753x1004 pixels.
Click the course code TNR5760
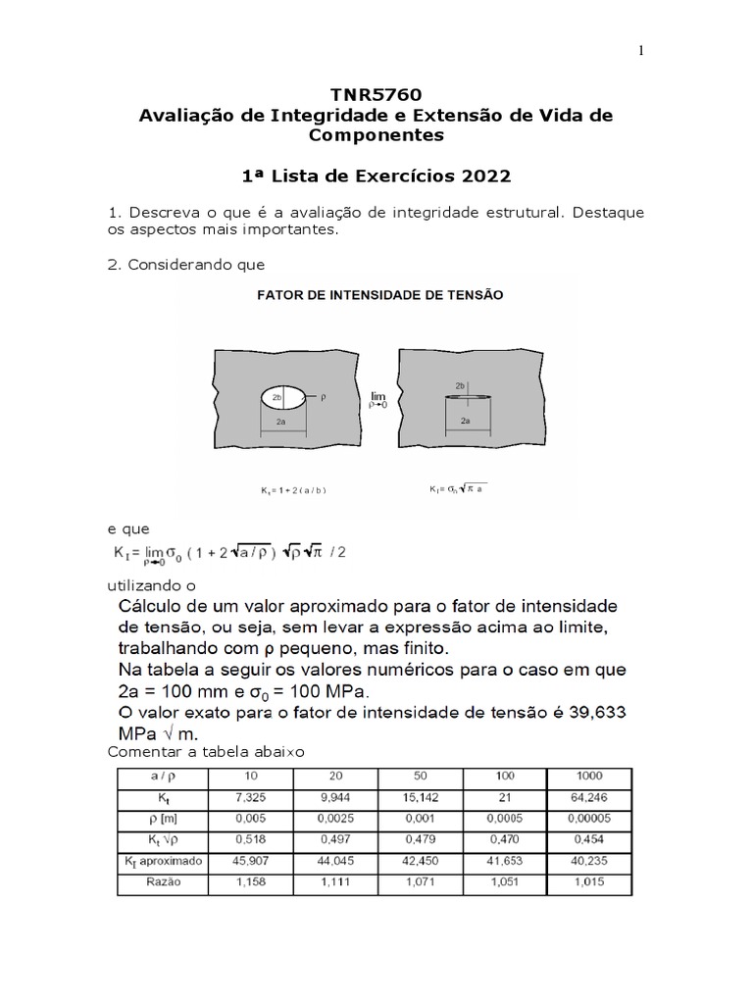377,94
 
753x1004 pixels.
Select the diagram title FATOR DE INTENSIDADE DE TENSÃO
379,293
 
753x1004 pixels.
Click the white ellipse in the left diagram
283,399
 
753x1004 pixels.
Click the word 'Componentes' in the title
377,135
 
